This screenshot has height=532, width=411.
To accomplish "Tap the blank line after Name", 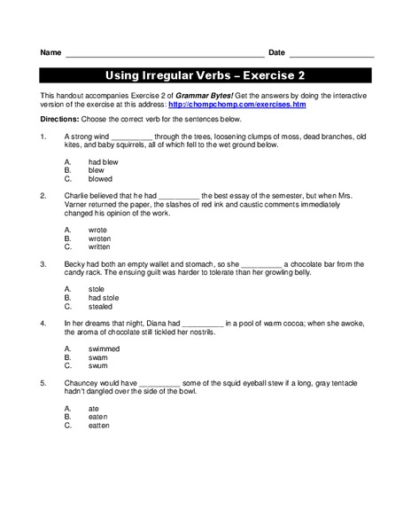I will [x=164, y=54].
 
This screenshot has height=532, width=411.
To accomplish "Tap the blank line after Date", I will [x=331, y=54].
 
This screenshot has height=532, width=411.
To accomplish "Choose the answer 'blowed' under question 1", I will [x=100, y=178].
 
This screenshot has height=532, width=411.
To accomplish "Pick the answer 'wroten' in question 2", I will [x=100, y=239].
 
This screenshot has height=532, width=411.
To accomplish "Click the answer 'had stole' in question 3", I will [x=103, y=299].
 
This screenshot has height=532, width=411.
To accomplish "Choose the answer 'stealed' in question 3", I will [x=101, y=307].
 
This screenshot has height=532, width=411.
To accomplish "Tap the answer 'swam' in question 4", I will [x=98, y=357].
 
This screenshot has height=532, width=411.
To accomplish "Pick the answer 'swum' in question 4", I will [x=98, y=365].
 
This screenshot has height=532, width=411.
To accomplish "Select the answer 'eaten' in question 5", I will [x=98, y=417].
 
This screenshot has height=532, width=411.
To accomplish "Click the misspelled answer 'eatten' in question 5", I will [x=99, y=425].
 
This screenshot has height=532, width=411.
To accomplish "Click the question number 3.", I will [x=43, y=263].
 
